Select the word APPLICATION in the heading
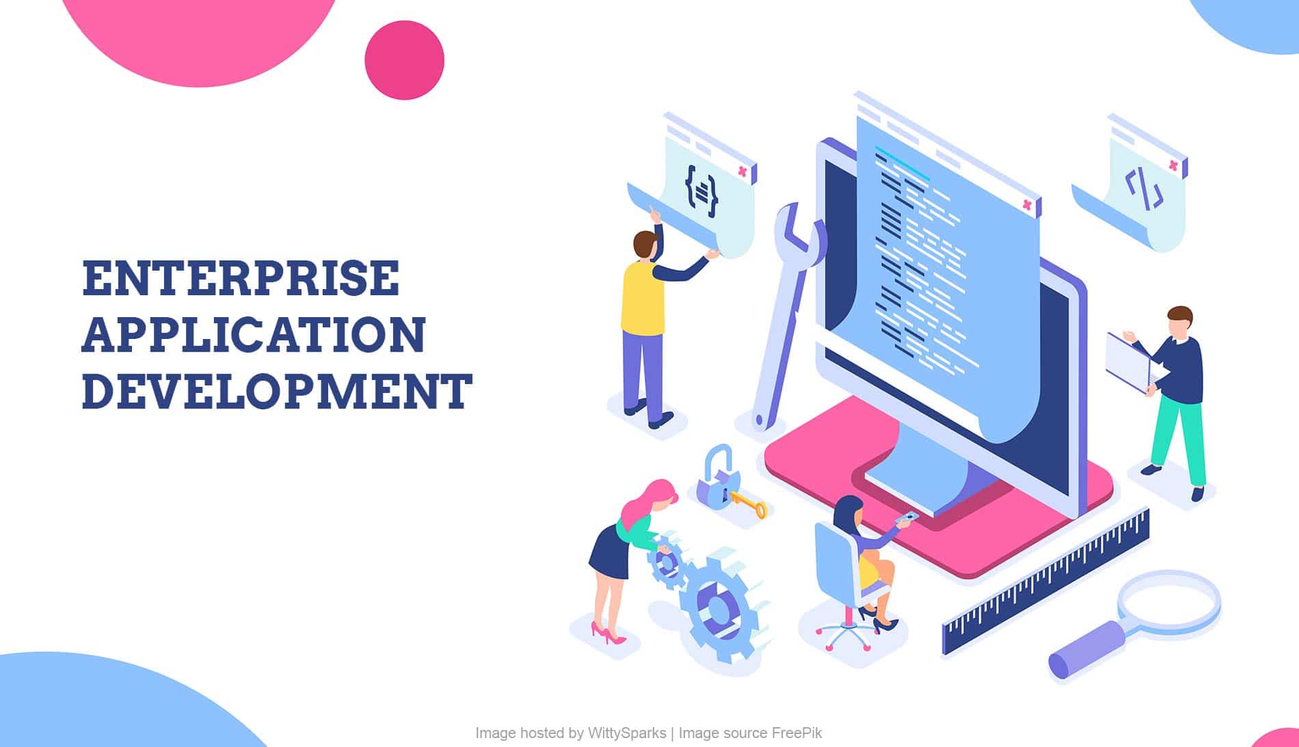254,334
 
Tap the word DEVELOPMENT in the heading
277,391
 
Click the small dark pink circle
405,60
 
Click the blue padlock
717,478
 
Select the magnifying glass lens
1169,602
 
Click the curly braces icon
701,191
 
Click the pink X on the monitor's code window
1026,204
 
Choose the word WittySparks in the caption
626,733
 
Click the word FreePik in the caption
797,733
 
